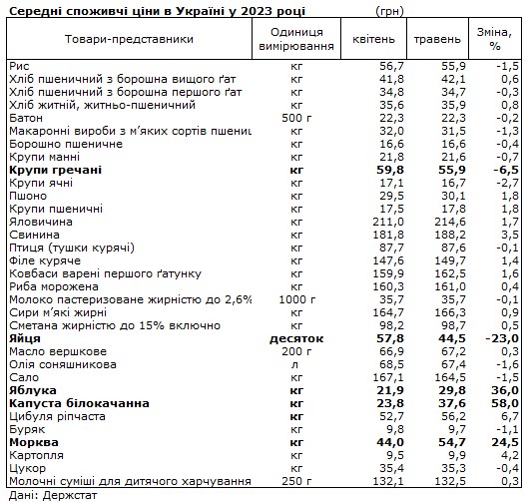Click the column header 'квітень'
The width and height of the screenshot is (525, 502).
[x=373, y=39]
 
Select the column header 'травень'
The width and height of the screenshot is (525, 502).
[x=435, y=39]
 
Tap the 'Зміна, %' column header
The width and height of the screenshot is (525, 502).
[x=494, y=39]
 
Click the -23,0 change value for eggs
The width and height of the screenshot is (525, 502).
[x=497, y=339]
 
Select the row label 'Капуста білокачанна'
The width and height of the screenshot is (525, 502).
[x=72, y=403]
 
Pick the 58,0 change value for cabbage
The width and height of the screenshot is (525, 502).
[x=499, y=403]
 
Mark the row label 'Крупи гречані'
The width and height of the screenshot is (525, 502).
[x=54, y=171]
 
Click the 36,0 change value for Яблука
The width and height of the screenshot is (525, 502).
[x=499, y=390]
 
